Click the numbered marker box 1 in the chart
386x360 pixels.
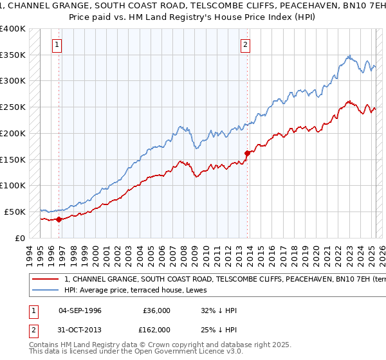pos(58,45)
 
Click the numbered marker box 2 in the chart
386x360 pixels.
pos(245,45)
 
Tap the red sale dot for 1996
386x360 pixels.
pos(59,219)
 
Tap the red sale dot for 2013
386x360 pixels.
pos(247,153)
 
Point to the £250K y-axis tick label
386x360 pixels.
pos(13,107)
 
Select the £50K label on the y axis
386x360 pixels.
pos(15,212)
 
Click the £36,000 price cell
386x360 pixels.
pos(155,310)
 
